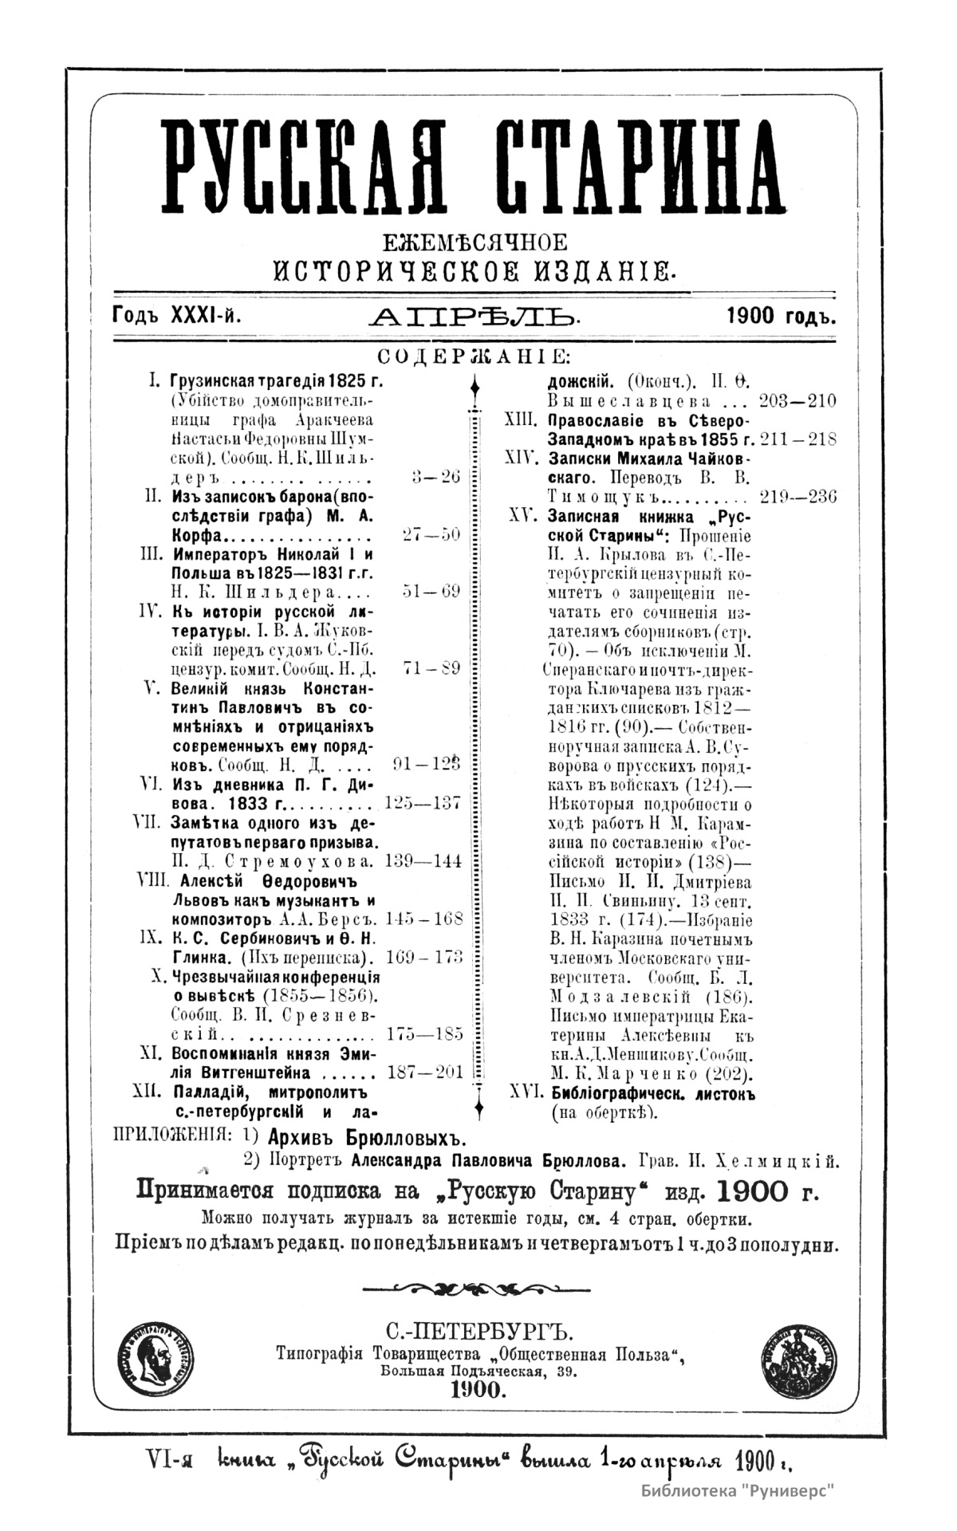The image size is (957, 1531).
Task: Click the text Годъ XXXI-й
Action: tap(177, 317)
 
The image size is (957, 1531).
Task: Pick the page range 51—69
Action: tap(431, 592)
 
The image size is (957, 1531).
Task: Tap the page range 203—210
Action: tap(797, 400)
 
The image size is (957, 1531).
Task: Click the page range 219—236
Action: tap(797, 497)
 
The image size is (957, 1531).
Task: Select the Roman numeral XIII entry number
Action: tap(522, 419)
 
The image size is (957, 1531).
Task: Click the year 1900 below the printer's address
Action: tap(476, 1390)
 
